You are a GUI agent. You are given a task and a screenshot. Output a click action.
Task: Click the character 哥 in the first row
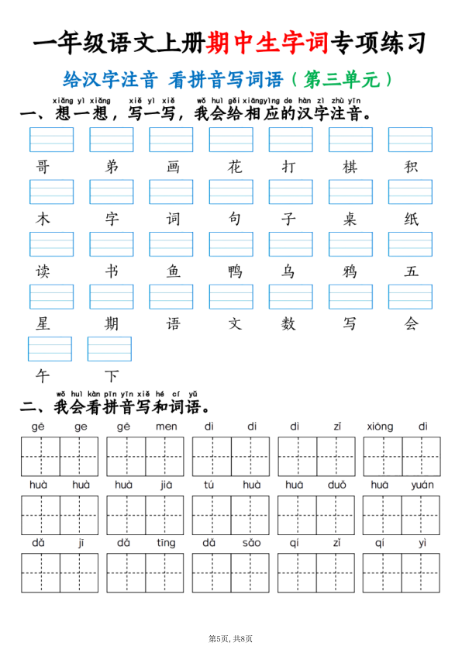pos(42,167)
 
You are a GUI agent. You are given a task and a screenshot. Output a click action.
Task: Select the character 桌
pos(350,219)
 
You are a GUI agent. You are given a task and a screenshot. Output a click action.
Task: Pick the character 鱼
pos(172,271)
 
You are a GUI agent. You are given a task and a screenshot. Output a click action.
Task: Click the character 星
pos(42,323)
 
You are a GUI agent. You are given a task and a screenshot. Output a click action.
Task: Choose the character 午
pos(42,376)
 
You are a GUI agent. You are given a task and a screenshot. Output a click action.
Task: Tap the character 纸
pos(411,219)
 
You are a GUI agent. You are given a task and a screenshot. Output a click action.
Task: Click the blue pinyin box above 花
pos(231,140)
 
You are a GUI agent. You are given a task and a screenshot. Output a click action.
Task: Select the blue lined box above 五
pos(410,244)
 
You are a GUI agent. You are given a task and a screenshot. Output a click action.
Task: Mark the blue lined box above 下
pos(109,349)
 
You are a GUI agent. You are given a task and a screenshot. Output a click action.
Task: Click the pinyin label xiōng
pos(381,427)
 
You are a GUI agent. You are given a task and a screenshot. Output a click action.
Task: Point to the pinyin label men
pos(166,427)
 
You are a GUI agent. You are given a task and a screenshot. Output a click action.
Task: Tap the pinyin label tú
pos(209,485)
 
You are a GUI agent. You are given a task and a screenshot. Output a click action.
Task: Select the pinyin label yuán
pos(422,485)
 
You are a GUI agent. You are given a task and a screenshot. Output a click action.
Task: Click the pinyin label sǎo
pos(251,543)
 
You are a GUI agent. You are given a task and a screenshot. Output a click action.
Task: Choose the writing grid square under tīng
pos(165,572)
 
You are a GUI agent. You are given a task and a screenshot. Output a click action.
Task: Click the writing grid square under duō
pos(336,514)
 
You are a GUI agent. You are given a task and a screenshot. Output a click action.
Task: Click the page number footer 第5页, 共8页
pos(231,638)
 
